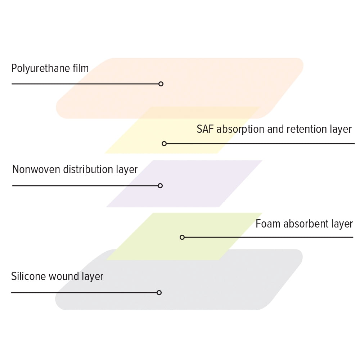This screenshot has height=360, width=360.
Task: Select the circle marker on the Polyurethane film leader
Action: coord(161,84)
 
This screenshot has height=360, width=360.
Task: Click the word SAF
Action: coord(205,129)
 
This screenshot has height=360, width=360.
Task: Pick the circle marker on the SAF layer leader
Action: coord(164,144)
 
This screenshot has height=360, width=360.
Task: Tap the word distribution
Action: coord(88,170)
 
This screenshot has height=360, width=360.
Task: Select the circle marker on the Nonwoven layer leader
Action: coord(160,186)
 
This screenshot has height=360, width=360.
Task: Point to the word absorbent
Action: coord(306,224)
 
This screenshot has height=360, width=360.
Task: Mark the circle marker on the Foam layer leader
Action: coord(182,237)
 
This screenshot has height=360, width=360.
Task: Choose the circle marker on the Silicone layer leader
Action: coord(159,292)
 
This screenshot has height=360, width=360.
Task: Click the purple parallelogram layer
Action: coord(184,184)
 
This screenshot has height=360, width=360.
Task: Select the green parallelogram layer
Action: coord(184,237)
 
